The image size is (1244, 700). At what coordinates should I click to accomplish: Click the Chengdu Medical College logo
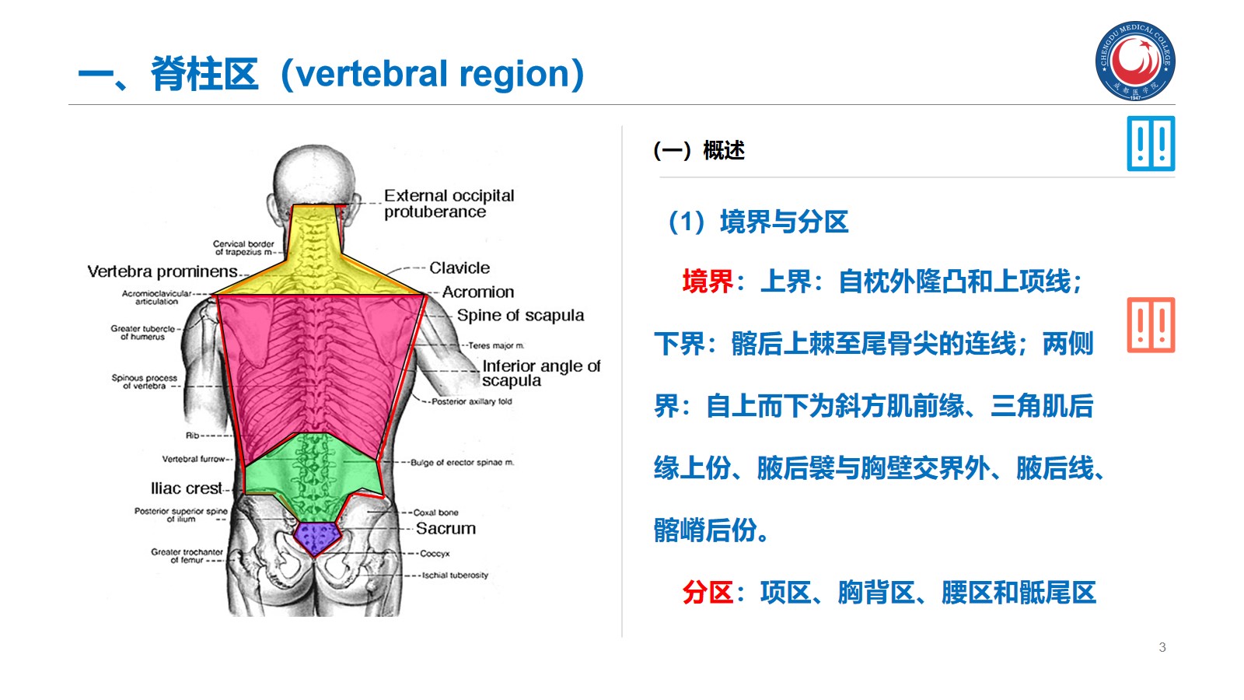pos(1135,61)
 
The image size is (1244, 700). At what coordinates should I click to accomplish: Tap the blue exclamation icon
pos(1151,144)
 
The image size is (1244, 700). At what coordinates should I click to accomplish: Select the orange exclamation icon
pos(1151,325)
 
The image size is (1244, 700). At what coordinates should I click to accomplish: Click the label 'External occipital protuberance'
pos(449,204)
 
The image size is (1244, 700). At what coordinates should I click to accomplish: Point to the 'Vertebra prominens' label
pos(162,271)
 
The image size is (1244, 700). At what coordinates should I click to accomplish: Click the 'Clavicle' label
pos(460,268)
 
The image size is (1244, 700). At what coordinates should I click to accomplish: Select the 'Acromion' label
pos(478,292)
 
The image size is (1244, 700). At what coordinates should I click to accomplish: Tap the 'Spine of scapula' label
pos(520,316)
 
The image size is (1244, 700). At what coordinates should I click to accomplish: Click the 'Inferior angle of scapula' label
pos(541,373)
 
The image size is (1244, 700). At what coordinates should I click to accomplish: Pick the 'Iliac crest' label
pos(187,488)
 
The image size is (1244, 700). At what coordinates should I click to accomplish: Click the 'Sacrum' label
pos(446,529)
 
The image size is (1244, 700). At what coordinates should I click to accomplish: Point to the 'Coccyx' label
pos(435,554)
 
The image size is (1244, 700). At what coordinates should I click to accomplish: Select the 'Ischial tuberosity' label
pos(455,576)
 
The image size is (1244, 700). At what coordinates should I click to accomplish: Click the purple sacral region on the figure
pos(316,537)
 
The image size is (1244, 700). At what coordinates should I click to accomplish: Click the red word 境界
pos(708,282)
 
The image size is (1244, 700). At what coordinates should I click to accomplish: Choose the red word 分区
pos(708,593)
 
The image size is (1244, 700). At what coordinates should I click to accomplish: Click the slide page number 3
pos(1162,647)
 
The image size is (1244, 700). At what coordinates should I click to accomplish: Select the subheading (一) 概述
pos(699,150)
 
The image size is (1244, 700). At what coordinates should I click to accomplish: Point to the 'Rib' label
pos(192,436)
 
